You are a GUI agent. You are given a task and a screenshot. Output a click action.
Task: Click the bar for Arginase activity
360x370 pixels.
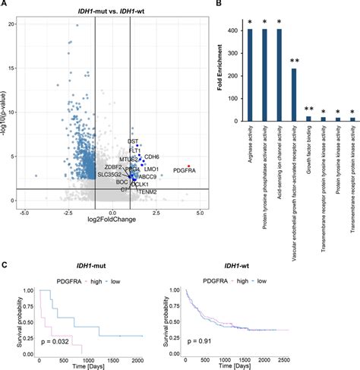click(x=250, y=75)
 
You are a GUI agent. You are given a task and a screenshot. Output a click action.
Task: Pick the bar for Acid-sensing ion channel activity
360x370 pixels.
click(x=279, y=75)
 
